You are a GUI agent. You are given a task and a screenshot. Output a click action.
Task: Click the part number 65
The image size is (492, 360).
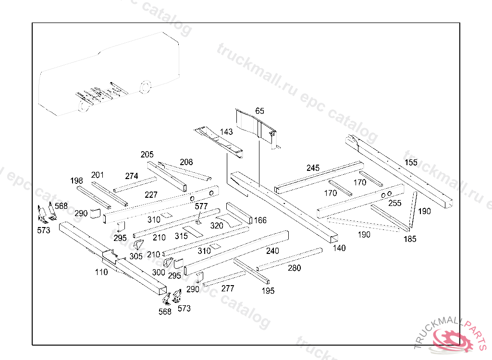[x=259, y=111]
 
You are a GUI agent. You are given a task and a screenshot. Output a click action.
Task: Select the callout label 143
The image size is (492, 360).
[x=226, y=132]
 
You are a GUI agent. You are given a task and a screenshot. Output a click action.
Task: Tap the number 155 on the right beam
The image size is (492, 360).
[x=411, y=162]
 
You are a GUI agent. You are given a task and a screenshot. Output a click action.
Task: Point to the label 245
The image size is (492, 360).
[x=313, y=168]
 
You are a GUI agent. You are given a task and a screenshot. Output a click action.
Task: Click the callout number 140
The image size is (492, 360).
[x=339, y=248]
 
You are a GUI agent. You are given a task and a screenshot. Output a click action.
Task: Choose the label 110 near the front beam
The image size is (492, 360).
[x=101, y=272]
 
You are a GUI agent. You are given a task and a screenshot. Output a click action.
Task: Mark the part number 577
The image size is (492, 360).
[x=201, y=206]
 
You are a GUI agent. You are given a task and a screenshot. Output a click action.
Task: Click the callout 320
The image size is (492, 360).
[x=217, y=226]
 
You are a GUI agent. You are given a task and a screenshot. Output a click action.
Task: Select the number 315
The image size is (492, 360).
[x=181, y=236]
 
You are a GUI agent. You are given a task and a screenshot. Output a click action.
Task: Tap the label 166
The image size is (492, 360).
[x=260, y=220]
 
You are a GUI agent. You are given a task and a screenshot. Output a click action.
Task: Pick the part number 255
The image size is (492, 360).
[x=395, y=203]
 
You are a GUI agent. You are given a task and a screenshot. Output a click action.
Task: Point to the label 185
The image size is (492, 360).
[x=410, y=239]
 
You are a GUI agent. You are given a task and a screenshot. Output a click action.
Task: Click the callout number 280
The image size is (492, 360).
[x=295, y=268]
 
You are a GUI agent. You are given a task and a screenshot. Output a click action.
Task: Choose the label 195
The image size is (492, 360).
[x=268, y=291]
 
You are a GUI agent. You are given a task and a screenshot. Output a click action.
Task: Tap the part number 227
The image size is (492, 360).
[x=151, y=195]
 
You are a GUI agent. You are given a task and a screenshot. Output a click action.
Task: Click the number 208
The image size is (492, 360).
[x=186, y=162]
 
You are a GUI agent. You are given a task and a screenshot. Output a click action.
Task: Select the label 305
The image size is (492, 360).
[x=136, y=256]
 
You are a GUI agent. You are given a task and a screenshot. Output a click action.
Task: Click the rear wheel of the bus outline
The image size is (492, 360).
[x=145, y=87]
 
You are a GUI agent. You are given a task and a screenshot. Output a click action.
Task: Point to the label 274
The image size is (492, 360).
[x=132, y=176]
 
